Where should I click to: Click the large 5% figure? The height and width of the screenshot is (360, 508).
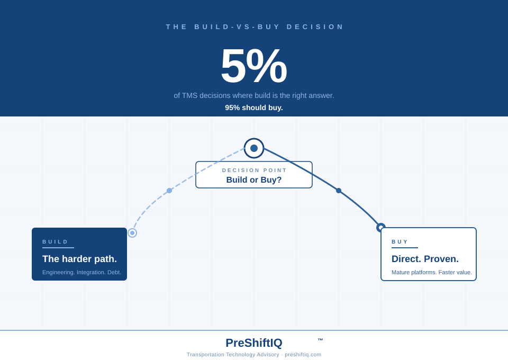pyautogui.click(x=253, y=66)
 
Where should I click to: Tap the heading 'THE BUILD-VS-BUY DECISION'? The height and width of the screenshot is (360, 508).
pyautogui.click(x=255, y=26)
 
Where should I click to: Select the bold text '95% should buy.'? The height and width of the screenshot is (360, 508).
pyautogui.click(x=254, y=107)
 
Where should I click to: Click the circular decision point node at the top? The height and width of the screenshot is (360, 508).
pyautogui.click(x=254, y=148)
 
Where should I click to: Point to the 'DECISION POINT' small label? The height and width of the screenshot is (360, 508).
pyautogui.click(x=255, y=170)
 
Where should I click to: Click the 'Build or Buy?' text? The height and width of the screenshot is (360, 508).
pyautogui.click(x=254, y=180)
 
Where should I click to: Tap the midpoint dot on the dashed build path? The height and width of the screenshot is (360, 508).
pyautogui.click(x=169, y=191)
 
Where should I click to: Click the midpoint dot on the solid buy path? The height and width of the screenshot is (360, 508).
pyautogui.click(x=339, y=191)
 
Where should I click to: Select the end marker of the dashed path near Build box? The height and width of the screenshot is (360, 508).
pyautogui.click(x=132, y=233)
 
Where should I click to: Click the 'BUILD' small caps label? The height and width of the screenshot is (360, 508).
pyautogui.click(x=55, y=241)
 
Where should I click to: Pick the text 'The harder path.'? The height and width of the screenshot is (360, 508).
pyautogui.click(x=79, y=259)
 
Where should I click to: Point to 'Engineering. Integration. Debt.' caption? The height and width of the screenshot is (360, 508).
pyautogui.click(x=81, y=272)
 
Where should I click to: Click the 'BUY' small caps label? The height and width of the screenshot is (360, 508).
pyautogui.click(x=400, y=241)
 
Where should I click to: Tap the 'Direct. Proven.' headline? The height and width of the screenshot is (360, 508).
pyautogui.click(x=425, y=259)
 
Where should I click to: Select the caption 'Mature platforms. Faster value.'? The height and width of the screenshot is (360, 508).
pyautogui.click(x=431, y=272)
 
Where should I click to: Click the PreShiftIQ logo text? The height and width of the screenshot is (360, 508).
pyautogui.click(x=254, y=343)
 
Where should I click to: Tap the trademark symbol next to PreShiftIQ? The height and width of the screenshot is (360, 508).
pyautogui.click(x=320, y=340)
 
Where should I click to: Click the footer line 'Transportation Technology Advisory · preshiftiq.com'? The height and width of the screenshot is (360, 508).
pyautogui.click(x=254, y=355)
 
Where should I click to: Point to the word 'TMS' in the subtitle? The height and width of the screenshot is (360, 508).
pyautogui.click(x=189, y=95)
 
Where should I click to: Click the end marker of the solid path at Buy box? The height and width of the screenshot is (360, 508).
pyautogui.click(x=380, y=227)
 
